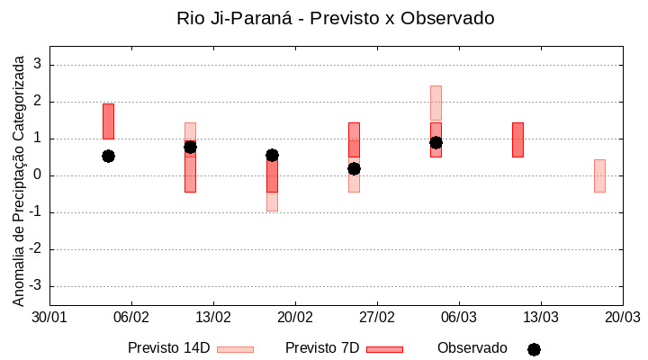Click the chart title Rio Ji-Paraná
click(x=336, y=18)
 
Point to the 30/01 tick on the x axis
click(x=49, y=317)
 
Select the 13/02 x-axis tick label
click(x=213, y=317)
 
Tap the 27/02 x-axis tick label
click(x=377, y=317)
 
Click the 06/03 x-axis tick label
click(x=459, y=317)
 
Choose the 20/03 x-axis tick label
click(x=622, y=317)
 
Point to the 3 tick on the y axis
click(x=37, y=65)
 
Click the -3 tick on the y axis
click(x=35, y=286)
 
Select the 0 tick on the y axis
click(x=37, y=175)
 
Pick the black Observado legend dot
click(x=534, y=349)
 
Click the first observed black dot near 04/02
click(x=108, y=156)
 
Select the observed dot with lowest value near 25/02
click(x=354, y=168)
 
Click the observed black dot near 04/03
click(x=436, y=142)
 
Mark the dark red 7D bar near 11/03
click(x=517, y=139)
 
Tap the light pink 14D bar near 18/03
click(x=599, y=175)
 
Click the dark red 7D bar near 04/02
click(x=108, y=121)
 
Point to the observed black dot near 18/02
click(x=272, y=155)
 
